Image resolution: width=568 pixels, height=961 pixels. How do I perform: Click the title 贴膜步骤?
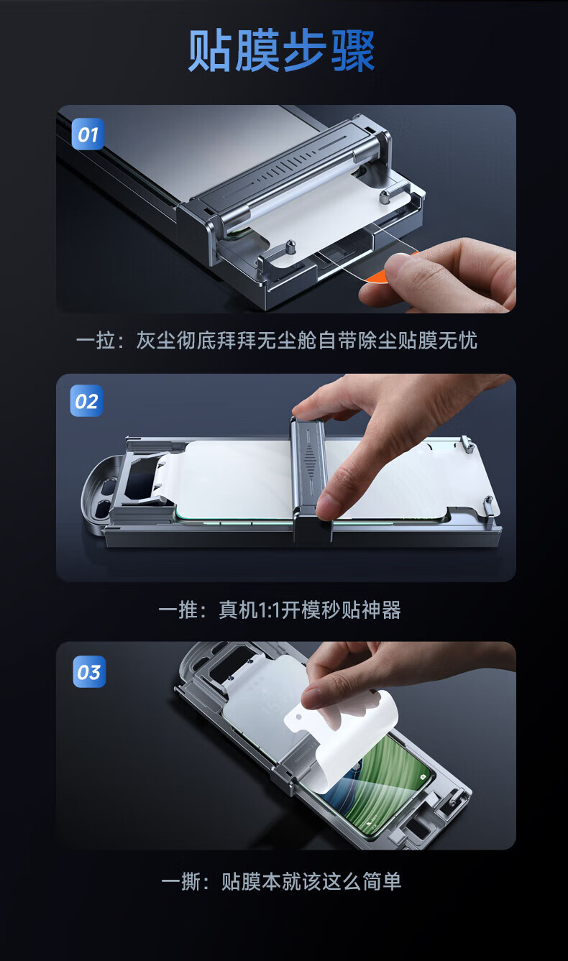point(282,52)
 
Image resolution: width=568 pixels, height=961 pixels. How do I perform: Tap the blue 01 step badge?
point(88,134)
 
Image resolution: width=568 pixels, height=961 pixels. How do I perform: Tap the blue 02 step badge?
point(86,401)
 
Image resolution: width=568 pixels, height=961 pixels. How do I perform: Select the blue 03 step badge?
point(88,672)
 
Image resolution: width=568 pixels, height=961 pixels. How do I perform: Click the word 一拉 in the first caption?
point(95,341)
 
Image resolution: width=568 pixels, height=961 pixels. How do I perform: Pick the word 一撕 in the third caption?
point(180,881)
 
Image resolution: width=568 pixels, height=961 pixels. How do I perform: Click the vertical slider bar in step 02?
point(310,474)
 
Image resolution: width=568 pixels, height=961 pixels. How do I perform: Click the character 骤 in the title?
point(352,52)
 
